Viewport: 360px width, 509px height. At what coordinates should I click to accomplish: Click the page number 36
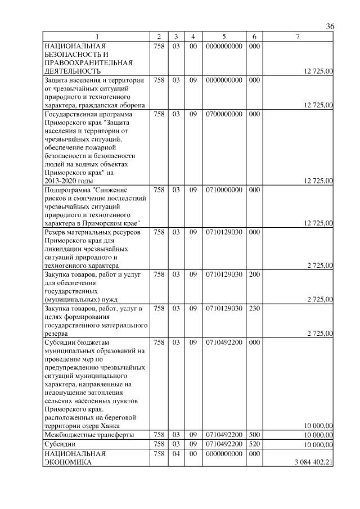(330, 27)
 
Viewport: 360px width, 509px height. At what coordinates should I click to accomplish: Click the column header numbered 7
(298, 37)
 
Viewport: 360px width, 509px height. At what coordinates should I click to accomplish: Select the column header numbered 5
(224, 37)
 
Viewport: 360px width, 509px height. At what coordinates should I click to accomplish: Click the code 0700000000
(224, 114)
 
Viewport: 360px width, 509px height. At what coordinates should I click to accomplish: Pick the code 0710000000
(224, 190)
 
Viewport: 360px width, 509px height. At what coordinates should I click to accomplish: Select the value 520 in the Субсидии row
(254, 444)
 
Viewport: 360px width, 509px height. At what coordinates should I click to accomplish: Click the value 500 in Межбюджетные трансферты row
(254, 435)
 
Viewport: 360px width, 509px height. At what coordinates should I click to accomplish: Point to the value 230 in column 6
(254, 308)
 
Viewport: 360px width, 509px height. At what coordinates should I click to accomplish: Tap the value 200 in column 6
(254, 274)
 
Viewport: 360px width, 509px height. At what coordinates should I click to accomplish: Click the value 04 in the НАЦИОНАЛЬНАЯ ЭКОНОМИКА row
(175, 453)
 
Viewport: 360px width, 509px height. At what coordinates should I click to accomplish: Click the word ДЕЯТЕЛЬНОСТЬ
(73, 71)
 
